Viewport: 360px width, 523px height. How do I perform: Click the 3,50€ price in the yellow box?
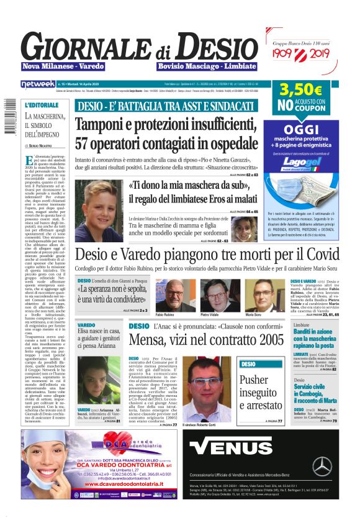click(x=300, y=90)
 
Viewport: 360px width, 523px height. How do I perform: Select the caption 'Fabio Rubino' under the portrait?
click(x=164, y=316)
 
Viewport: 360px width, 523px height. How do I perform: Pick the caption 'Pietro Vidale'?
click(x=209, y=316)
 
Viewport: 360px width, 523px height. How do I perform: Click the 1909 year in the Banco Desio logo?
click(x=288, y=55)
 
